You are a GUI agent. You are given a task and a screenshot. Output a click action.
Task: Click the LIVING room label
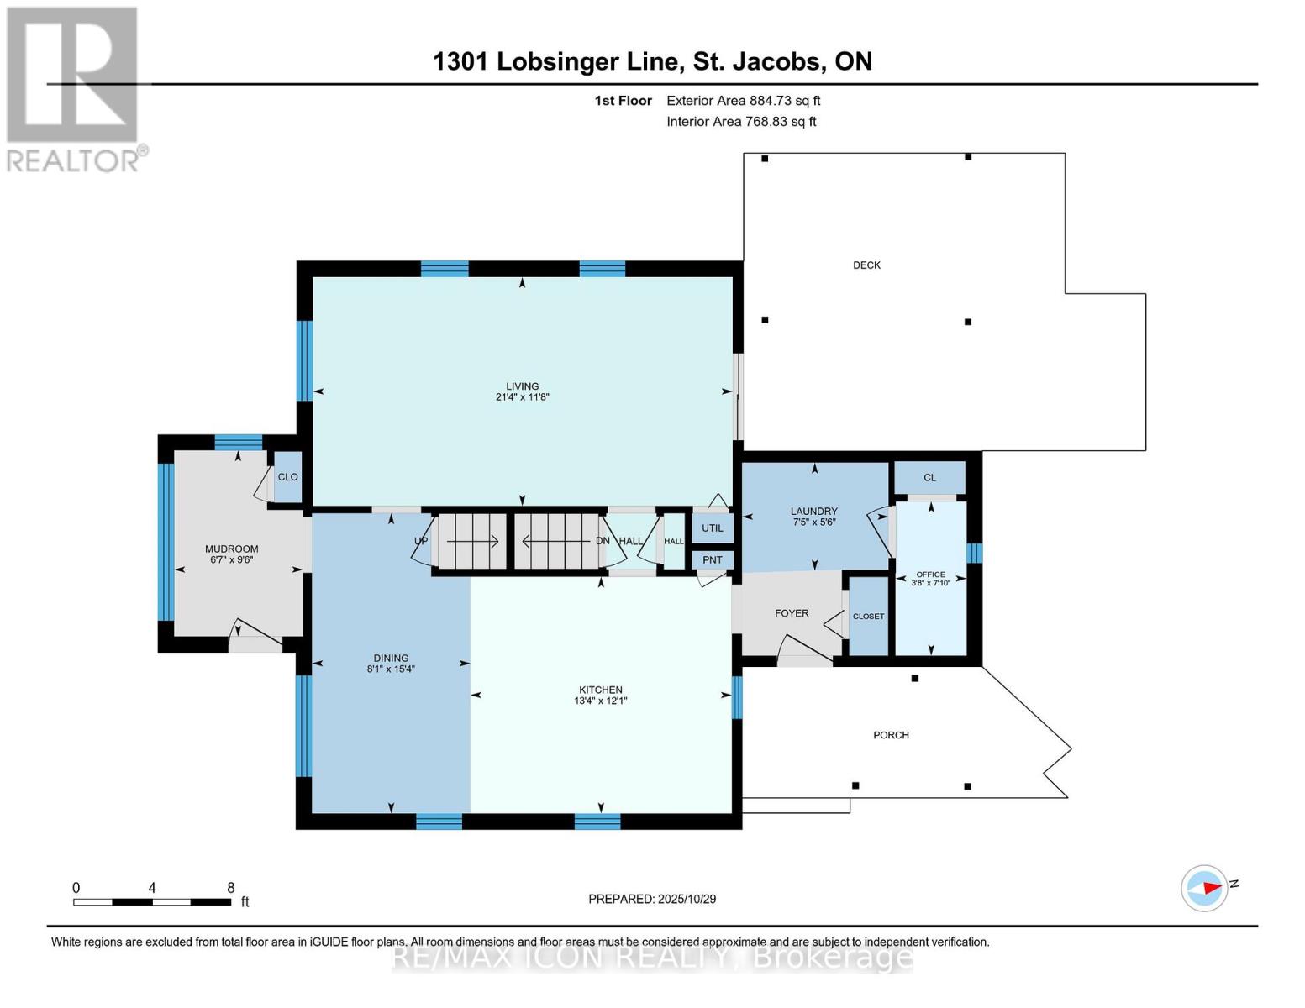coord(522,386)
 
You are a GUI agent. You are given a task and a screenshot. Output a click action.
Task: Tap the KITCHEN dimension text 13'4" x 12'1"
coord(600,701)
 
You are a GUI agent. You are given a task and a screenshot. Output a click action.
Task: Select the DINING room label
coord(391,659)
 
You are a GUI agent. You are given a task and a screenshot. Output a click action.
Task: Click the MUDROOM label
coord(231,549)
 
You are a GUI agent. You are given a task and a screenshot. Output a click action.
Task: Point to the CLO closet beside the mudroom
coord(287,477)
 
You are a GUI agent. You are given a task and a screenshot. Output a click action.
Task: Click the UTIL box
coord(713,528)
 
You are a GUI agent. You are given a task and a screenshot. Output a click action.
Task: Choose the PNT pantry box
coord(713,560)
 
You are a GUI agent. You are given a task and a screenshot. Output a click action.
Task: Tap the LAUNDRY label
coord(813,511)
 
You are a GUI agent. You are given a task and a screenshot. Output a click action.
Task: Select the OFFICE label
coord(930,575)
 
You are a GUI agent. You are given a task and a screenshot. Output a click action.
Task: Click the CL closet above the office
coord(929,478)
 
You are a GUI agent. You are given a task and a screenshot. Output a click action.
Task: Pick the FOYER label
coord(792,613)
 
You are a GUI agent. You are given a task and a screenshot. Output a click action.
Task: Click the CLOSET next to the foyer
coord(868,617)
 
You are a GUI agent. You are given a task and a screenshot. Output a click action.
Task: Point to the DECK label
coord(866,265)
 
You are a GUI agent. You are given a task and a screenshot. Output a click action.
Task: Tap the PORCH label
coord(891,735)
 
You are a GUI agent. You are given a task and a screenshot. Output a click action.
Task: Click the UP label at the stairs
coord(421,541)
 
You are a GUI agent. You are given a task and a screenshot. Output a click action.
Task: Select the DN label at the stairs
coord(603,541)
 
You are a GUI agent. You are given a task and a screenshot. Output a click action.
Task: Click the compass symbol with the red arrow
coord(1204,888)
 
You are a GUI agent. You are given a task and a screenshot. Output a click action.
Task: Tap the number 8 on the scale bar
coord(231,888)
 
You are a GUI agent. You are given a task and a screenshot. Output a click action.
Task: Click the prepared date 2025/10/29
coord(687,899)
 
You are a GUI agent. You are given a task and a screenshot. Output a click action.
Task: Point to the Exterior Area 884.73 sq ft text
coord(743,101)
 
